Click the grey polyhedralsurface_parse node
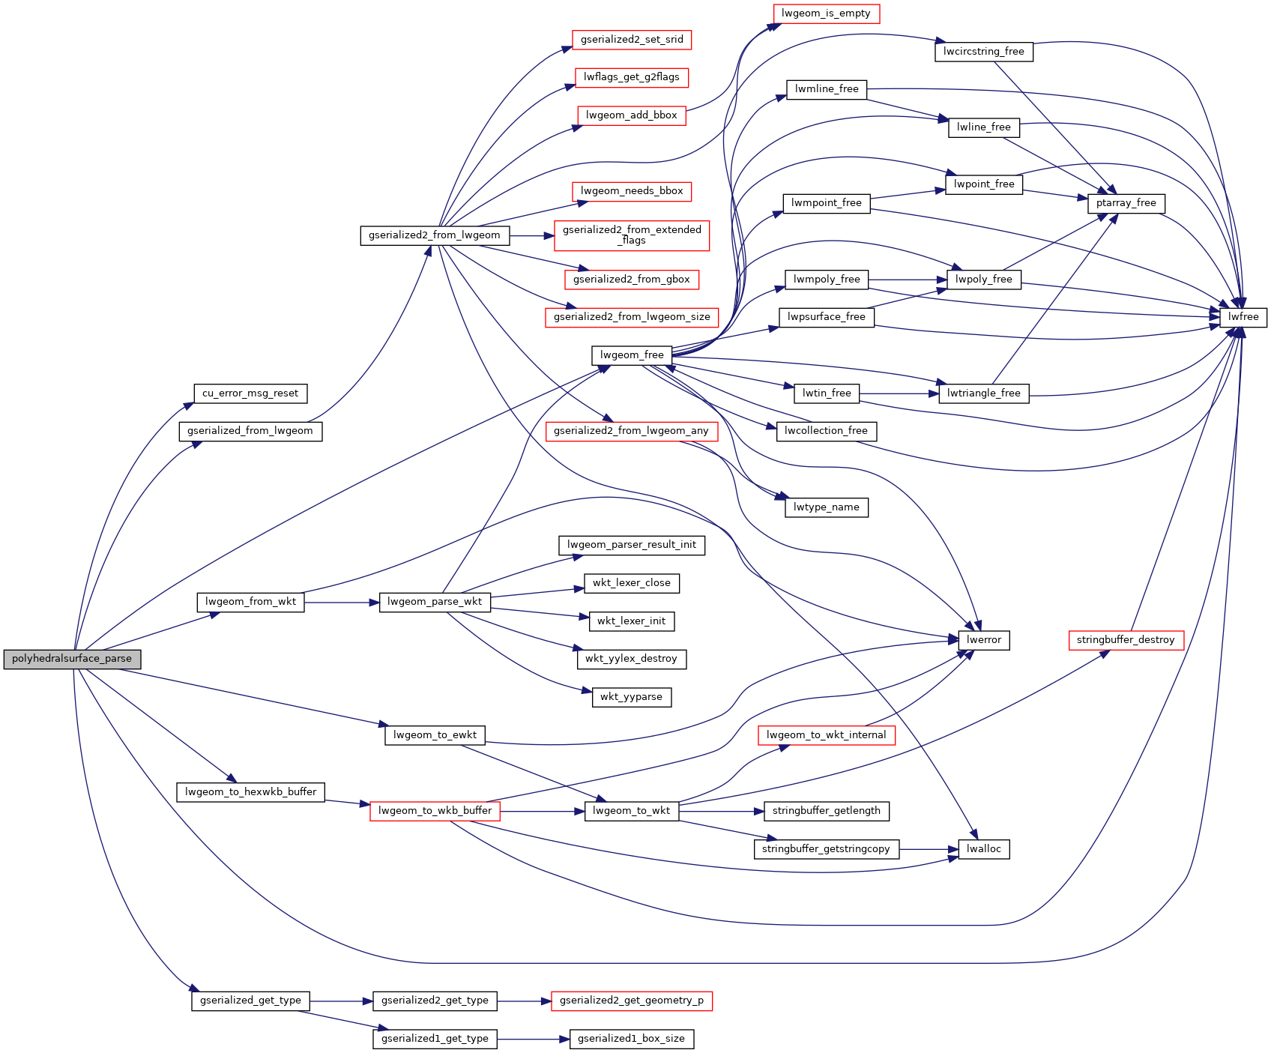point(72,659)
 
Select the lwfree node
point(1243,317)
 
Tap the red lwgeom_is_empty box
point(826,13)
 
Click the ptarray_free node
point(1126,203)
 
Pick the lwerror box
point(983,640)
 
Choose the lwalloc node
point(983,849)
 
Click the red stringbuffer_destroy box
point(1126,640)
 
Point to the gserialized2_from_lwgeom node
point(435,235)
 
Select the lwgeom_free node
point(632,355)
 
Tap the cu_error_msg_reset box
point(250,393)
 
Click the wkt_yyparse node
point(631,697)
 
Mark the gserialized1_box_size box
point(631,1039)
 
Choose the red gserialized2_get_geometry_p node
point(631,1001)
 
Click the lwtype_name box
point(826,507)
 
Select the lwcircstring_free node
point(983,52)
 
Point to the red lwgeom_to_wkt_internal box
point(826,735)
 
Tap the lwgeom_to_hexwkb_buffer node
point(250,792)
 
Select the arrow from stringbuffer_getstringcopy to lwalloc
point(929,849)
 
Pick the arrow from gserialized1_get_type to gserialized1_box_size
point(533,1039)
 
